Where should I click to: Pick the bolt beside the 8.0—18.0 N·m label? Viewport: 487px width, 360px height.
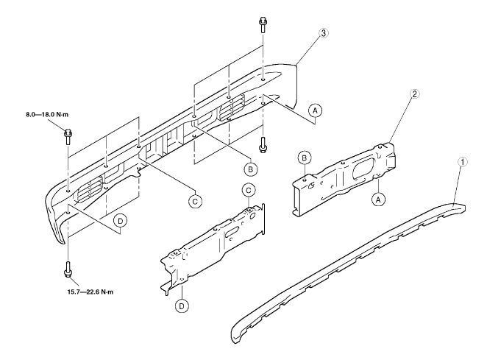pyautogui.click(x=68, y=134)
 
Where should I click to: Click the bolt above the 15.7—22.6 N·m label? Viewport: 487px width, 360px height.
pyautogui.click(x=68, y=271)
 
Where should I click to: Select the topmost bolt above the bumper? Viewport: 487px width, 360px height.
pyautogui.click(x=263, y=23)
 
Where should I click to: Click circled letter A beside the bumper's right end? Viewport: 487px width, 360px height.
pyautogui.click(x=316, y=110)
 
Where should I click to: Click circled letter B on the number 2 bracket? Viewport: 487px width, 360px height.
pyautogui.click(x=302, y=158)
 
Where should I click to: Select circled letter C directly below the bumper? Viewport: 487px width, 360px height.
pyautogui.click(x=195, y=200)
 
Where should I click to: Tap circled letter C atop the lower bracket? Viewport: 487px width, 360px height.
pyautogui.click(x=248, y=191)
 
